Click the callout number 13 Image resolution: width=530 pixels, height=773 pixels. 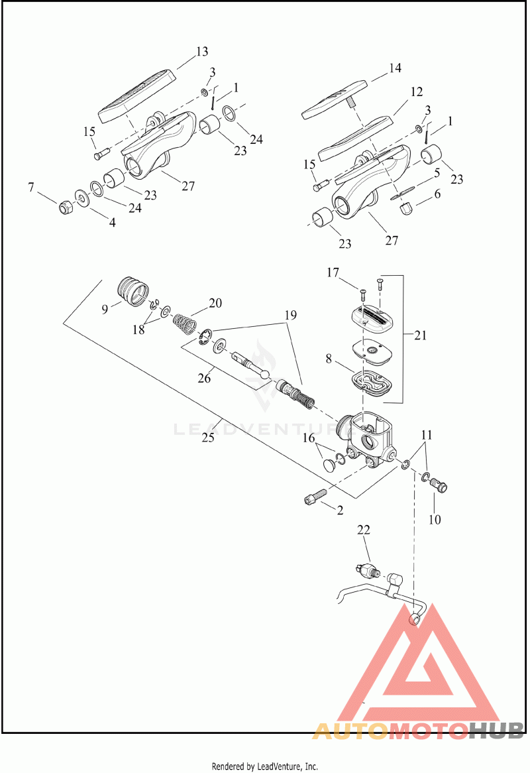click(202, 52)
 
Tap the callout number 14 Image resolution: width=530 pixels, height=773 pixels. click(395, 68)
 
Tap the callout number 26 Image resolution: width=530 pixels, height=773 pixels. click(204, 378)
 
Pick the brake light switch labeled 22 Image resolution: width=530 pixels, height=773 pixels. click(368, 571)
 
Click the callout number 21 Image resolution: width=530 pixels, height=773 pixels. click(419, 335)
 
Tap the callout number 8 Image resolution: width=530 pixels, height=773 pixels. click(329, 359)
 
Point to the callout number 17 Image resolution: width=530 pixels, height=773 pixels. click(333, 272)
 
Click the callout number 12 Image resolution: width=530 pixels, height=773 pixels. click(416, 91)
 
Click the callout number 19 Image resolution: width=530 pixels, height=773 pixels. click(291, 314)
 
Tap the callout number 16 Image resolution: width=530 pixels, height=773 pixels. click(308, 438)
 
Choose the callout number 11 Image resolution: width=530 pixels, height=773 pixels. click(427, 435)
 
